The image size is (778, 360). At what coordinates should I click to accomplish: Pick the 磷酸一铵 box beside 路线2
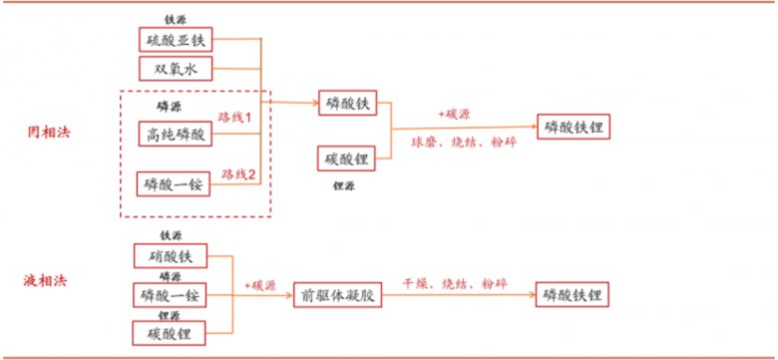(174, 184)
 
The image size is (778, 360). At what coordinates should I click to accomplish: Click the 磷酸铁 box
(348, 103)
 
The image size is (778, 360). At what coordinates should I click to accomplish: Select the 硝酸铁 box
(170, 257)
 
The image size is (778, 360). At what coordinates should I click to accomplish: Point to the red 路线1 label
(238, 118)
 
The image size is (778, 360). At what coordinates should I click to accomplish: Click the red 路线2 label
(238, 172)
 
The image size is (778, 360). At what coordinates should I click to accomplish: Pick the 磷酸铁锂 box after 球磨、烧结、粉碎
(574, 127)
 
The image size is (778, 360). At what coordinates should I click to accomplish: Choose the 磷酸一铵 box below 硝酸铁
(170, 295)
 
